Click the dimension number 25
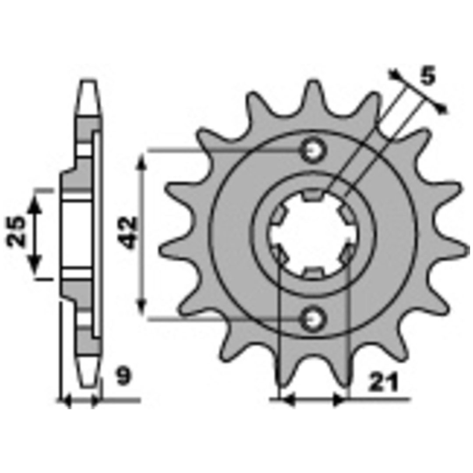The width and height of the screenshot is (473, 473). [x=16, y=231]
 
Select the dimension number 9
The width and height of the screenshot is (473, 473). [x=124, y=376]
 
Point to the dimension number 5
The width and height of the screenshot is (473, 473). [x=428, y=76]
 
